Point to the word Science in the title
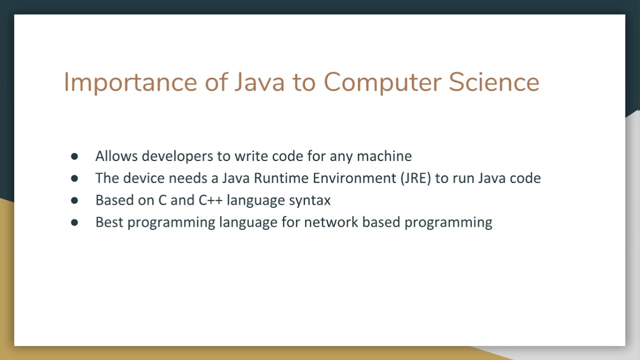pyautogui.click(x=493, y=82)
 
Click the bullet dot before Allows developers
pyautogui.click(x=74, y=156)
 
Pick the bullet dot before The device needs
pyautogui.click(x=74, y=178)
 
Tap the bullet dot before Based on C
pyautogui.click(x=74, y=200)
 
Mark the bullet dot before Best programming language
pyautogui.click(x=74, y=222)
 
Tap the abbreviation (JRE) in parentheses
pyautogui.click(x=415, y=178)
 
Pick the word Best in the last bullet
pyautogui.click(x=109, y=222)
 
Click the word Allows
pyautogui.click(x=116, y=156)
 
